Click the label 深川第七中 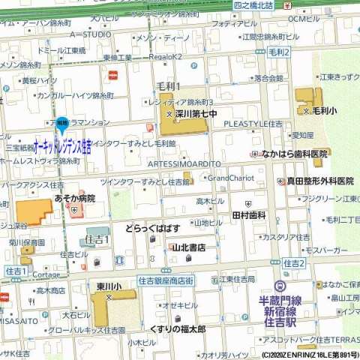coord(196,115)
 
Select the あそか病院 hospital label coord(74,198)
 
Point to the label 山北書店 coord(189,247)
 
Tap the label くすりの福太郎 coord(177,329)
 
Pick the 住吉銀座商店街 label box coord(166,280)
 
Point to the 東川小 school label coord(109,286)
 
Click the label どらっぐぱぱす coord(152,228)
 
